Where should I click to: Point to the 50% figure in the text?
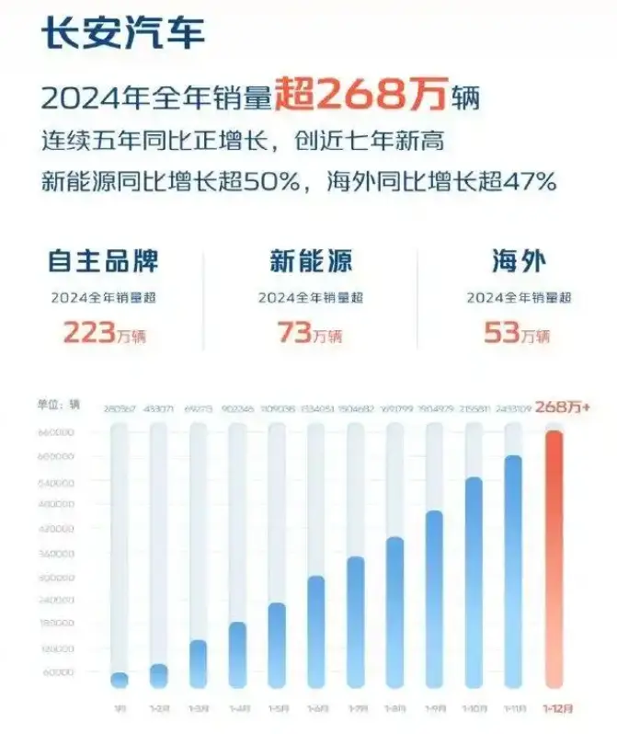275,182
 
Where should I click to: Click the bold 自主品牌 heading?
102,260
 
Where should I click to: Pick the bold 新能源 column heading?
311,260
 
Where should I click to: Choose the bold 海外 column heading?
519,260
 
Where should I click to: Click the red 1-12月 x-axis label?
554,710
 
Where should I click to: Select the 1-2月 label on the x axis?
159,710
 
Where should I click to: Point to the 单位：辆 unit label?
61,405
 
